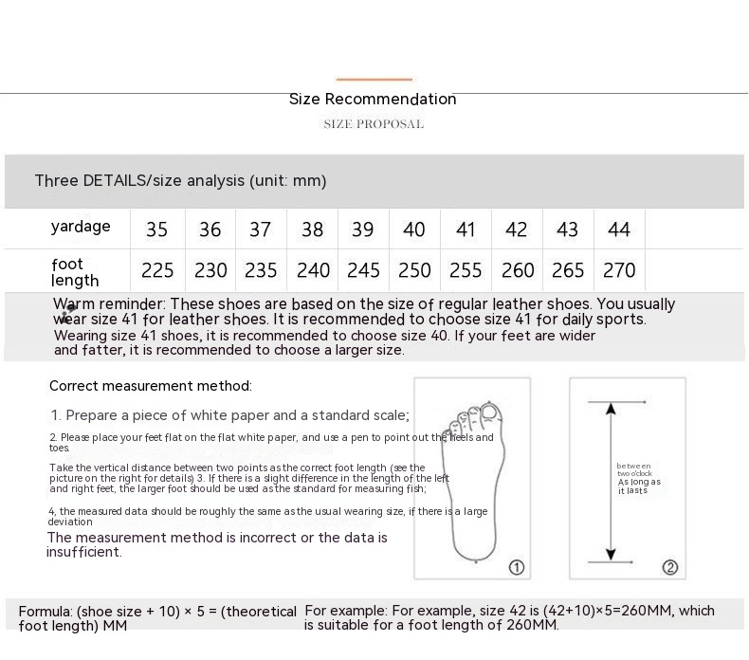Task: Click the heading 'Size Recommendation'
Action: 373,100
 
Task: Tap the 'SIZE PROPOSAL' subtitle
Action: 374,124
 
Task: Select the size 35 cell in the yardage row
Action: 157,229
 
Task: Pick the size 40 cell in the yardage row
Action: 414,229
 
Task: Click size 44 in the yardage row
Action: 619,229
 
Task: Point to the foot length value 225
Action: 157,271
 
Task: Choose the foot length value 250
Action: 414,271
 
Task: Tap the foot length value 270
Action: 619,271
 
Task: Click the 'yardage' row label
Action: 81,227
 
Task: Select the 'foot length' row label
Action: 76,272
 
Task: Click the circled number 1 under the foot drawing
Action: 517,567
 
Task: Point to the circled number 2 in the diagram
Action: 670,567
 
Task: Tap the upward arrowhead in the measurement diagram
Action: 612,410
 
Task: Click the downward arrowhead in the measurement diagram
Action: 612,553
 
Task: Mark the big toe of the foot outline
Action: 489,412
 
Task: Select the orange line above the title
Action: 374,80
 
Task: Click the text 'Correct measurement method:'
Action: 151,386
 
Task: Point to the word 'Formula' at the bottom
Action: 45,612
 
